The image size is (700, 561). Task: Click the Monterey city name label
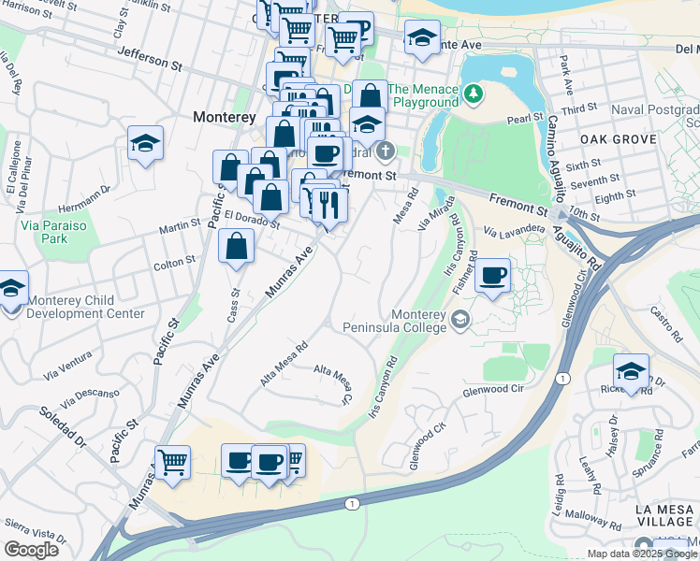coord(225,117)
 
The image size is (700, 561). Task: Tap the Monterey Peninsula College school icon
coord(459,321)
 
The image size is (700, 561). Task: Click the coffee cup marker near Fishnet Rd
coord(493,276)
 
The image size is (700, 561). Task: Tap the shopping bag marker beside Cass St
coord(237,248)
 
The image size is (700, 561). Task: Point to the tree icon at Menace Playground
coord(474,93)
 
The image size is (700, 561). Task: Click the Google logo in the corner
coord(31,549)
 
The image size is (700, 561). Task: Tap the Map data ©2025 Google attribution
coord(641,554)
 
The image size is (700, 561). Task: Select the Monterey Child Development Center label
coord(86,307)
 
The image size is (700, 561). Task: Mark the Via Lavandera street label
coord(514,229)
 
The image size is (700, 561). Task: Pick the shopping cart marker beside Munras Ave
coord(172,462)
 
